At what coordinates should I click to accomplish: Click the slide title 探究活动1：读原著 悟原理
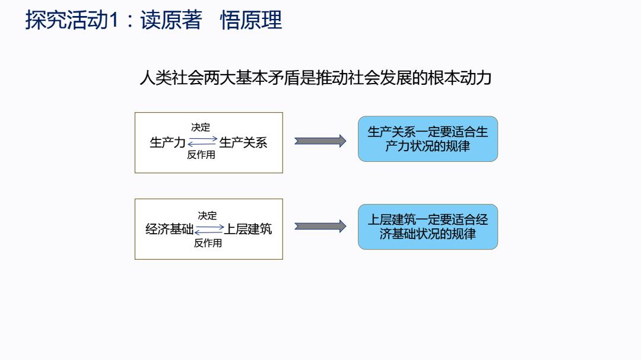click(154, 20)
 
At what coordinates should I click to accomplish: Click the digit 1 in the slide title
click(114, 20)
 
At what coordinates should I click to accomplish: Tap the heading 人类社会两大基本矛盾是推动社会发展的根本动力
click(316, 78)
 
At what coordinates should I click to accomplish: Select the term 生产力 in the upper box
click(167, 142)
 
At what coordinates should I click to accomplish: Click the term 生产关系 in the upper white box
click(243, 142)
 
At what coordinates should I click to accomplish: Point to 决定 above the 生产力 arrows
click(201, 128)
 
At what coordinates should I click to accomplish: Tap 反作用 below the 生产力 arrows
click(201, 154)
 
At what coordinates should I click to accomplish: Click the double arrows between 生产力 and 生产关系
click(202, 141)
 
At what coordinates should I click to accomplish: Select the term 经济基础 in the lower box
click(170, 229)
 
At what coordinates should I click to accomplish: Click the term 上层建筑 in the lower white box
click(247, 229)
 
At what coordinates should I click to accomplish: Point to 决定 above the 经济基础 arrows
click(207, 215)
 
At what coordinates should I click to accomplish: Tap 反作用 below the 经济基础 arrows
click(208, 243)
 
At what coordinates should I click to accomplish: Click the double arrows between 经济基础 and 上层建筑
click(210, 230)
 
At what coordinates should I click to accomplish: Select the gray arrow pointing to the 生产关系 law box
click(320, 141)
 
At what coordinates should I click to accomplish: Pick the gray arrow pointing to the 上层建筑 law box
click(320, 226)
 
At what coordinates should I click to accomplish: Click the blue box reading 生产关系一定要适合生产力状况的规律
click(428, 139)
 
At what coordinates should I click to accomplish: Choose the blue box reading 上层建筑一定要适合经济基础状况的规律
click(428, 227)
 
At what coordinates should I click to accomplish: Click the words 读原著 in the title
click(172, 20)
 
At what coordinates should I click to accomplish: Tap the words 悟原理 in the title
click(252, 20)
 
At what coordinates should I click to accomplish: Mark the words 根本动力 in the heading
click(460, 78)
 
